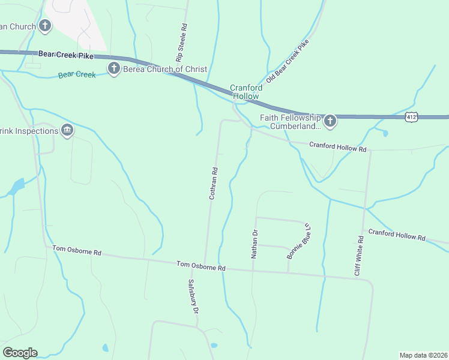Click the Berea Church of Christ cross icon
(x=113, y=68)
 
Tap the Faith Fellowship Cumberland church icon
(x=330, y=122)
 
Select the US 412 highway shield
(x=411, y=116)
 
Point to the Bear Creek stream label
(x=77, y=75)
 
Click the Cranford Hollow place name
(x=245, y=92)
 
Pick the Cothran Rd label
(x=212, y=183)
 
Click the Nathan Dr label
(x=254, y=244)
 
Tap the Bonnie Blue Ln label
(x=298, y=239)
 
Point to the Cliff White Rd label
(x=359, y=256)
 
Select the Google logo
(x=20, y=353)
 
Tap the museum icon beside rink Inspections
(x=67, y=130)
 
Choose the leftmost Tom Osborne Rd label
(x=76, y=250)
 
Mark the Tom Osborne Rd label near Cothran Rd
(x=200, y=266)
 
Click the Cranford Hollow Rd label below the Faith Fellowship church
(x=337, y=146)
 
